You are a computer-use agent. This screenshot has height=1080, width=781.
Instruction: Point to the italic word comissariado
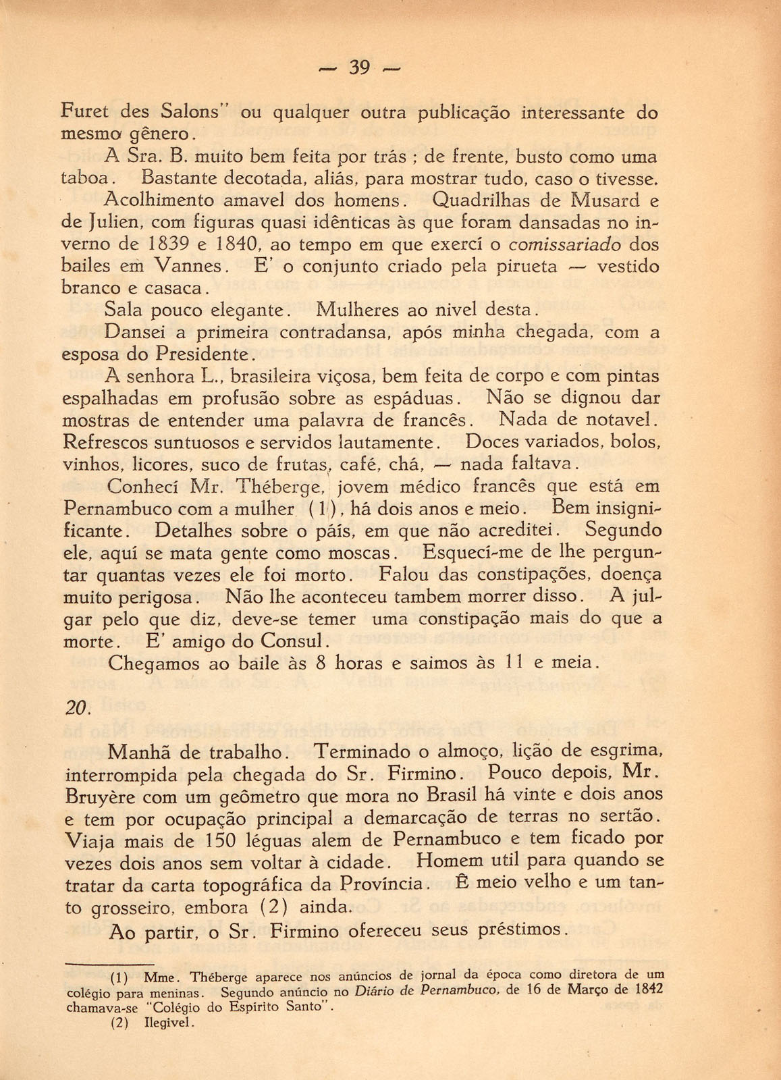(562, 244)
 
